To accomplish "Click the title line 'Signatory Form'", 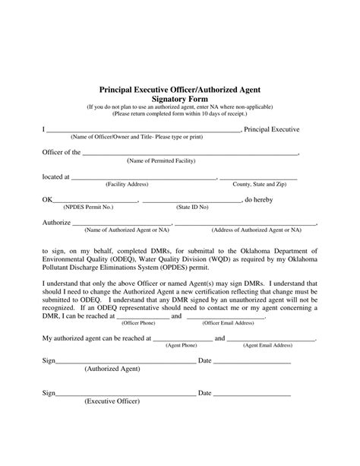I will click(x=180, y=98).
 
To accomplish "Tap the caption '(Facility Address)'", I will click(x=127, y=185).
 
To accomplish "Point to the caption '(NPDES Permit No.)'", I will click(x=88, y=207).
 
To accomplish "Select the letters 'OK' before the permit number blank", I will click(x=47, y=200).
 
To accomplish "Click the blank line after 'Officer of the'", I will click(x=190, y=153).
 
